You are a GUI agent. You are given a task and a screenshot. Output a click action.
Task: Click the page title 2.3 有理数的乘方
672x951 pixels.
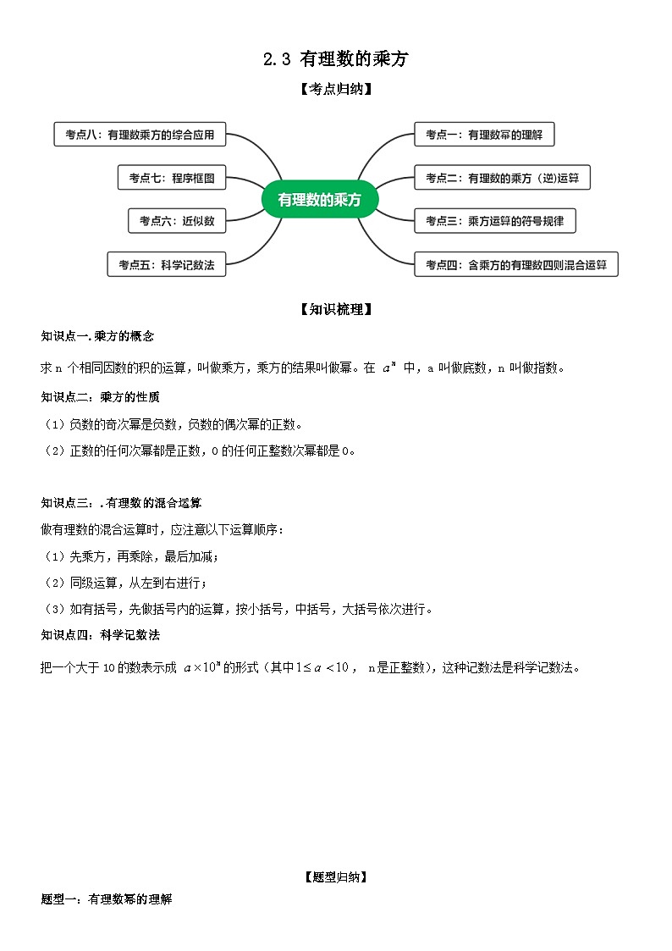pos(336,59)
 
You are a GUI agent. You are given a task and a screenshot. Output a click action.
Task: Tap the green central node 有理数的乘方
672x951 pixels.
pos(320,200)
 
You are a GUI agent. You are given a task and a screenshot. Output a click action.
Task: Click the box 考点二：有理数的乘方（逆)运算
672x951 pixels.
pos(502,178)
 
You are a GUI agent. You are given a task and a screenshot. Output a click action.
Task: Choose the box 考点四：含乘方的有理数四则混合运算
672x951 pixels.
pos(515,265)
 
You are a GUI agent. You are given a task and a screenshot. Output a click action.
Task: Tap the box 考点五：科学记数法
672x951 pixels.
pos(166,265)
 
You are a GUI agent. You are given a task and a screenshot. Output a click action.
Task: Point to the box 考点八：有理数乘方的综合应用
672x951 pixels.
pos(140,135)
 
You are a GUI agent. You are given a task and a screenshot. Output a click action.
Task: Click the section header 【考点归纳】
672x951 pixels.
pos(336,88)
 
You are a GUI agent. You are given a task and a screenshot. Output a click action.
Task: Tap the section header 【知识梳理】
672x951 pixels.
pos(336,310)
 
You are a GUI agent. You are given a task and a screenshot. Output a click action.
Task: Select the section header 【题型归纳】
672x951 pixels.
pos(336,877)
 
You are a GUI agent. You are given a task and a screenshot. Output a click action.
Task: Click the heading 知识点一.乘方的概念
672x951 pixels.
pos(97,335)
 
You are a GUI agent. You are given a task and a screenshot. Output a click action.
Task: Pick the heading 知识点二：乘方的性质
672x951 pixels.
pos(100,396)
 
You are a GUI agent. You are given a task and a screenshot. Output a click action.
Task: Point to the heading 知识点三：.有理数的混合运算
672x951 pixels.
pos(121,502)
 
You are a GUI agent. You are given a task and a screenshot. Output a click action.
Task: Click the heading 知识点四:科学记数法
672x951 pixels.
pos(100,634)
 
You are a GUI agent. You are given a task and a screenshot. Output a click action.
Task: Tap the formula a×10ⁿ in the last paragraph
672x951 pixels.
pos(201,667)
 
